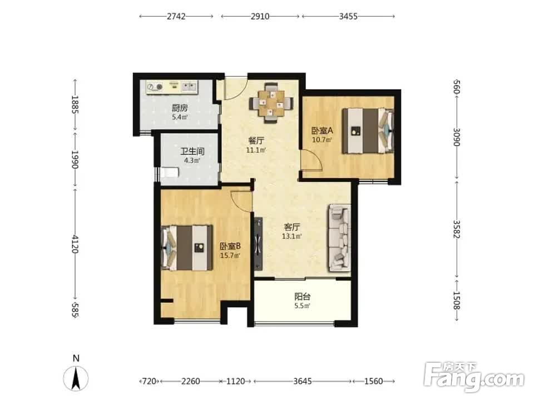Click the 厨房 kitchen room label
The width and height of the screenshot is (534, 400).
pos(180,108)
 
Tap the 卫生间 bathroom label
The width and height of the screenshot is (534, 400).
pos(192,151)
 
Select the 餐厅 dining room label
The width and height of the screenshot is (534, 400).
pos(256,141)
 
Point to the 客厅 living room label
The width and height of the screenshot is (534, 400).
pos(292,227)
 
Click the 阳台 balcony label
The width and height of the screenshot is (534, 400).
pos(303,297)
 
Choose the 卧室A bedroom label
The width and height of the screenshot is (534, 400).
pos(322,131)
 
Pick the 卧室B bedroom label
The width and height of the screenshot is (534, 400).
pos(230,246)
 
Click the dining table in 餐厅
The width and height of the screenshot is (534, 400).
pos(271,102)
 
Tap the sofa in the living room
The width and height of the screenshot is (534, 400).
pos(339,238)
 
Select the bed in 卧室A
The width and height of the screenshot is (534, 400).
pos(368,131)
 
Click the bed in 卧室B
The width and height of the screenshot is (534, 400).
pos(187,248)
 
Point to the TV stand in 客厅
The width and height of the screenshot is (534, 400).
pos(259,243)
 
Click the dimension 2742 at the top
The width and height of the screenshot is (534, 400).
pos(176,16)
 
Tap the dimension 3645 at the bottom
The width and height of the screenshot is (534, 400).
pos(303,381)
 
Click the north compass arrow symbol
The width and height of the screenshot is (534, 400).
pos(76,378)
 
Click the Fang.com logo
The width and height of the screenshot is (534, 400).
pos(474,376)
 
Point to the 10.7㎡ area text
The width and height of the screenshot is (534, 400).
pos(322,139)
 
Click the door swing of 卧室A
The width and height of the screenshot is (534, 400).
pos(311,160)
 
